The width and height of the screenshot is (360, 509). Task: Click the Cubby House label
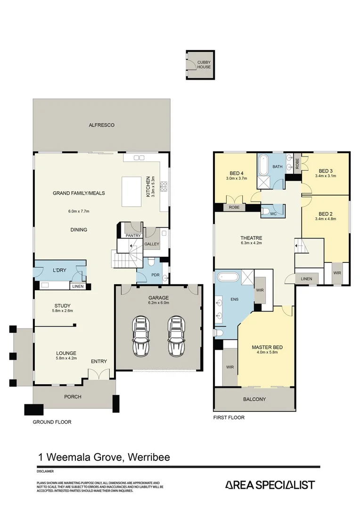point(204,65)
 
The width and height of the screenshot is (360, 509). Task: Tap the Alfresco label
point(102,125)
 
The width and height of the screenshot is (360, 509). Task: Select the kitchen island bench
point(132,191)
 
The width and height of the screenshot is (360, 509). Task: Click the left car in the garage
point(140,336)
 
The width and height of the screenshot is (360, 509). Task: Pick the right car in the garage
point(176,336)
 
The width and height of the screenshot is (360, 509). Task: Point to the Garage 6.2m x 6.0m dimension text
point(159,303)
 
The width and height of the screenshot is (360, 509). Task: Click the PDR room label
point(155,275)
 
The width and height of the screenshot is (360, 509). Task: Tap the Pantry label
point(133,236)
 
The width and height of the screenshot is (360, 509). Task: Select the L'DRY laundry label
point(59,270)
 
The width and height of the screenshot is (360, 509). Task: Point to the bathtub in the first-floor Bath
point(263,165)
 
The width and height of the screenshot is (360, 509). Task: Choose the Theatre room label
point(251,238)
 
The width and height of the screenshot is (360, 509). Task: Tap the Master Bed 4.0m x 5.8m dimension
point(267,352)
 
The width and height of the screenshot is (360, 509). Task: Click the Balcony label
point(254,399)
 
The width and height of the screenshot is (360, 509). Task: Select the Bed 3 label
point(326,171)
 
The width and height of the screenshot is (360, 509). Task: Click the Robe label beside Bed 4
point(234,207)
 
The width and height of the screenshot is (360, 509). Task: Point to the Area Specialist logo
point(270,485)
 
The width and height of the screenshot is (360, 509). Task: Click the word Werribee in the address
point(149,457)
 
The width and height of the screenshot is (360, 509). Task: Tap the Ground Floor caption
point(52,422)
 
